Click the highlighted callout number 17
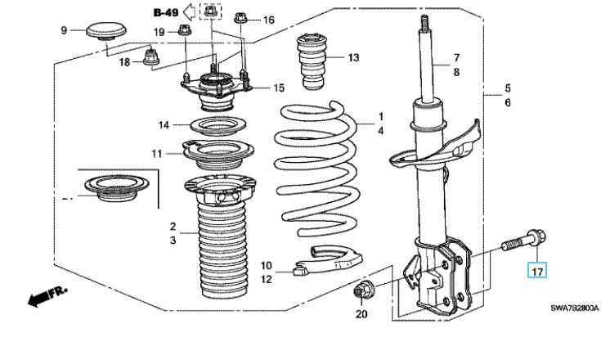[x=537, y=271]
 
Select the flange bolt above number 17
[x=523, y=241]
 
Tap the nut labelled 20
[x=361, y=290]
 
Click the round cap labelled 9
[x=106, y=31]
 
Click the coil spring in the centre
[x=318, y=169]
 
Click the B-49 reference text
[x=166, y=12]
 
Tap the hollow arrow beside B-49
[x=189, y=11]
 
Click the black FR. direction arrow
[x=47, y=295]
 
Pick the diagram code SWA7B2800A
[x=574, y=308]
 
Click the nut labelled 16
[x=240, y=18]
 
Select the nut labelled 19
[x=185, y=29]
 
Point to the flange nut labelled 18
[x=150, y=58]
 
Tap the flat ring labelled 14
[x=218, y=126]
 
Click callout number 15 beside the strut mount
[x=279, y=88]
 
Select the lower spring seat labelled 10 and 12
[x=330, y=260]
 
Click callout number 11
[x=156, y=154]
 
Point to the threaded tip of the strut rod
[x=424, y=23]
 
